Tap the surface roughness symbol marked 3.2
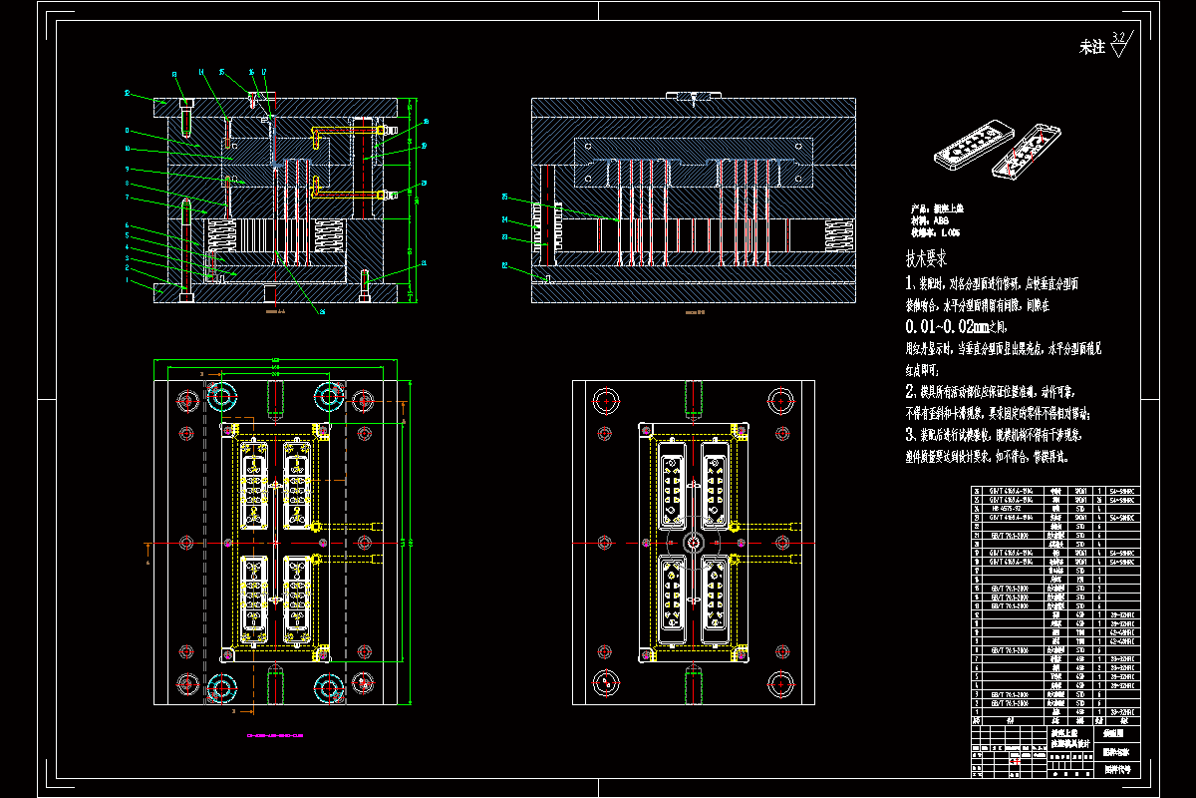[x=1117, y=44]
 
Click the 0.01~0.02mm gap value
[x=945, y=326]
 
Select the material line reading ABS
[x=927, y=220]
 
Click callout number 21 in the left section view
[x=425, y=262]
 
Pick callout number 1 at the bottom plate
[x=127, y=281]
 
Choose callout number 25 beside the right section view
[x=504, y=197]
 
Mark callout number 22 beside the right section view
[x=504, y=265]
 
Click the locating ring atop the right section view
[x=692, y=96]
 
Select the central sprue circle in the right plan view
[x=693, y=542]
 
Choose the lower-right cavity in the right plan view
[x=716, y=598]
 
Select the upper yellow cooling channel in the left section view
[x=344, y=130]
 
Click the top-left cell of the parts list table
[x=977, y=492]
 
